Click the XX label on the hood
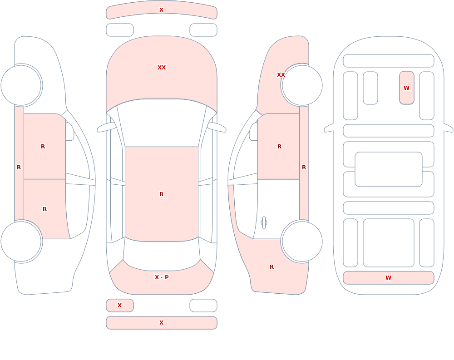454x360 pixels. pyautogui.click(x=162, y=68)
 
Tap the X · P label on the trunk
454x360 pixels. pyautogui.click(x=162, y=277)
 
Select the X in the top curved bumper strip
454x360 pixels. pyautogui.click(x=162, y=10)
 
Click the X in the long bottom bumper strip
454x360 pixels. pyautogui.click(x=162, y=323)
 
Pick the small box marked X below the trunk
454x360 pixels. pyautogui.click(x=120, y=305)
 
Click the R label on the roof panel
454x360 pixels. pyautogui.click(x=162, y=194)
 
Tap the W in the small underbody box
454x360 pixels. pyautogui.click(x=406, y=88)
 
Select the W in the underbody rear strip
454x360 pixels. pyautogui.click(x=388, y=277)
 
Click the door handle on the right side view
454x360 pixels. pyautogui.click(x=264, y=223)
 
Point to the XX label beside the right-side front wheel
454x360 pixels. pyautogui.click(x=281, y=75)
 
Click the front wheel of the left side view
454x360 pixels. pyautogui.click(x=21, y=85)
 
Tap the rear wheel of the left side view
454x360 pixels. pyautogui.click(x=21, y=241)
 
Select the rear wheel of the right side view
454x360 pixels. pyautogui.click(x=302, y=241)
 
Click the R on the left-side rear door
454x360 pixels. pyautogui.click(x=44, y=209)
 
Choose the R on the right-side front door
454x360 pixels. pyautogui.click(x=279, y=147)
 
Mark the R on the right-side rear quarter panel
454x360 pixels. pyautogui.click(x=271, y=267)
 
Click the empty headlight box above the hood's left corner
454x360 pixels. pyautogui.click(x=120, y=30)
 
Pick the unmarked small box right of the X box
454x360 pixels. pyautogui.click(x=203, y=305)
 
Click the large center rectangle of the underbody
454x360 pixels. pyautogui.click(x=389, y=169)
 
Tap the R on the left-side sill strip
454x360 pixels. pyautogui.click(x=19, y=168)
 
